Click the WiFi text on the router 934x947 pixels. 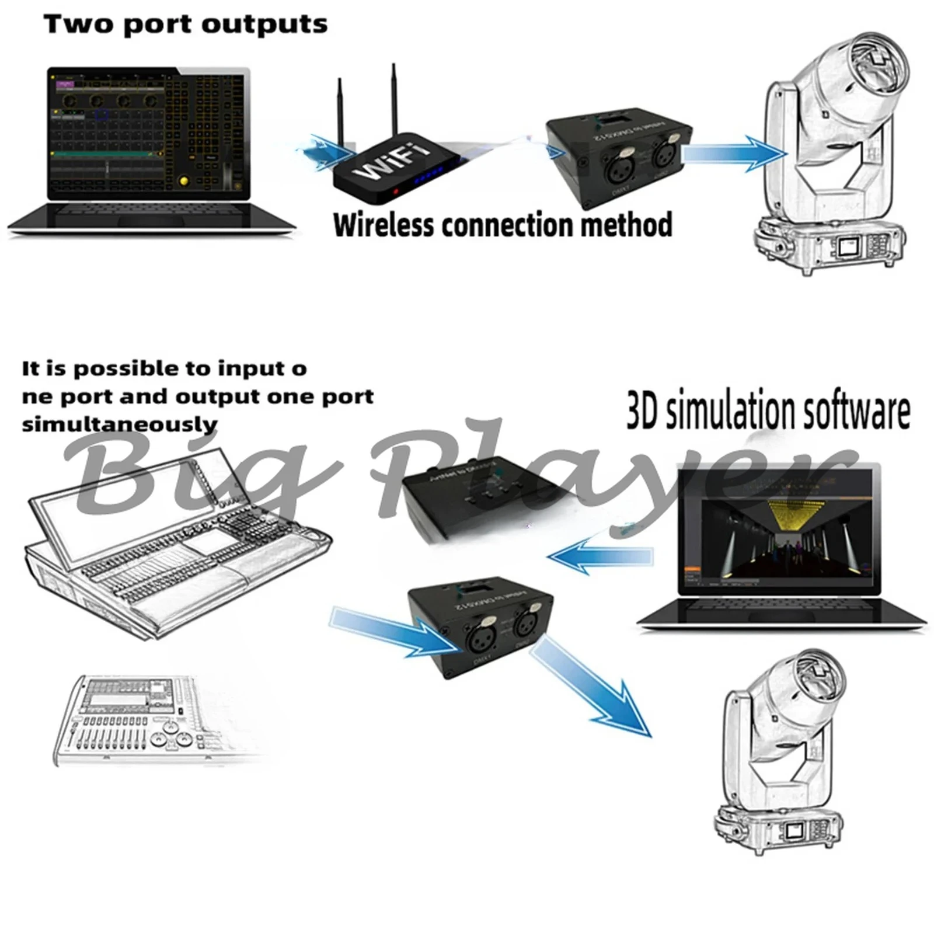(391, 163)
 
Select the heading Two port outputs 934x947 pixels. (186, 25)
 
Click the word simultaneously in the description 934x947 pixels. (120, 424)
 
